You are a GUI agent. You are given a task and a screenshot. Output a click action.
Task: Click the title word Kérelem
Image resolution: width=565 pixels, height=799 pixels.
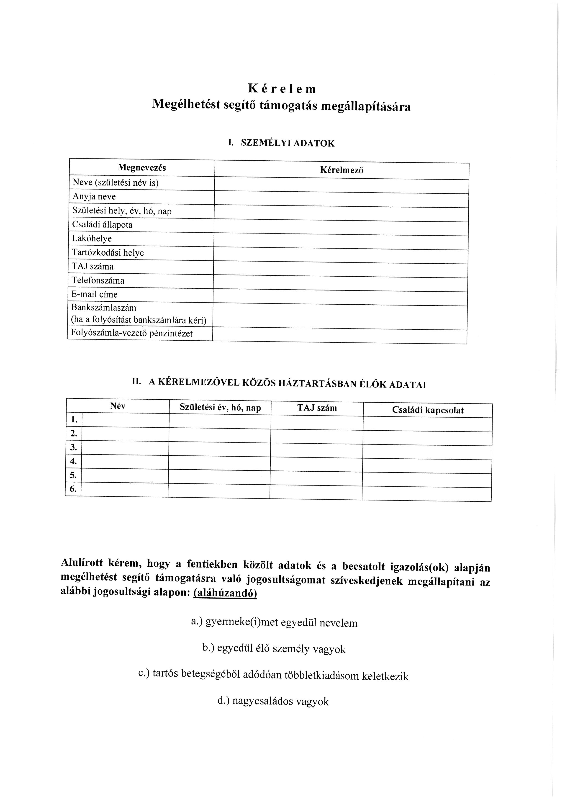click(x=282, y=89)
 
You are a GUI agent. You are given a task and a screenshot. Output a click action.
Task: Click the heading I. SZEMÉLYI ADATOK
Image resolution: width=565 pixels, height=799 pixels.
click(x=281, y=143)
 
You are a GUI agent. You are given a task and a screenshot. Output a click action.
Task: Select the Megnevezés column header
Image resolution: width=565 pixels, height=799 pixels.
click(x=142, y=168)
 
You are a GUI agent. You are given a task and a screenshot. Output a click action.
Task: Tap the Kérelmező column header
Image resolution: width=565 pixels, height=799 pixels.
click(x=342, y=170)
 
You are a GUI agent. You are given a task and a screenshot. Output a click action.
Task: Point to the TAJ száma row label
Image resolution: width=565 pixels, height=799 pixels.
click(x=93, y=267)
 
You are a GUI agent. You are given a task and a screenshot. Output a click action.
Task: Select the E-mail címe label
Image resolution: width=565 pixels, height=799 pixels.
click(x=95, y=294)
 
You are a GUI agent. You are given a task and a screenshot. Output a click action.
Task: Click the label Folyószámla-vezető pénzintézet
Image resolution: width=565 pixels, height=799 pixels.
click(x=132, y=333)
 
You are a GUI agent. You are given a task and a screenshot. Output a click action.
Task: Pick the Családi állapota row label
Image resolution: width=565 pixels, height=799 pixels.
click(x=102, y=225)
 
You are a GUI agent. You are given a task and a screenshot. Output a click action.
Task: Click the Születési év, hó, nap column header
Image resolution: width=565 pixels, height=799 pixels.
click(x=220, y=408)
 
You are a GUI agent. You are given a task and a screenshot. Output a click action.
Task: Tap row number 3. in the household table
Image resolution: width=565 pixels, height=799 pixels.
click(x=73, y=447)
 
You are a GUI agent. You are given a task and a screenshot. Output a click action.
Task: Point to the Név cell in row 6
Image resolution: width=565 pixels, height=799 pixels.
click(x=125, y=489)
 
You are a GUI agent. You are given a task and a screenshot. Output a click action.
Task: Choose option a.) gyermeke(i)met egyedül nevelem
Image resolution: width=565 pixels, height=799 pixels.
click(x=275, y=623)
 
